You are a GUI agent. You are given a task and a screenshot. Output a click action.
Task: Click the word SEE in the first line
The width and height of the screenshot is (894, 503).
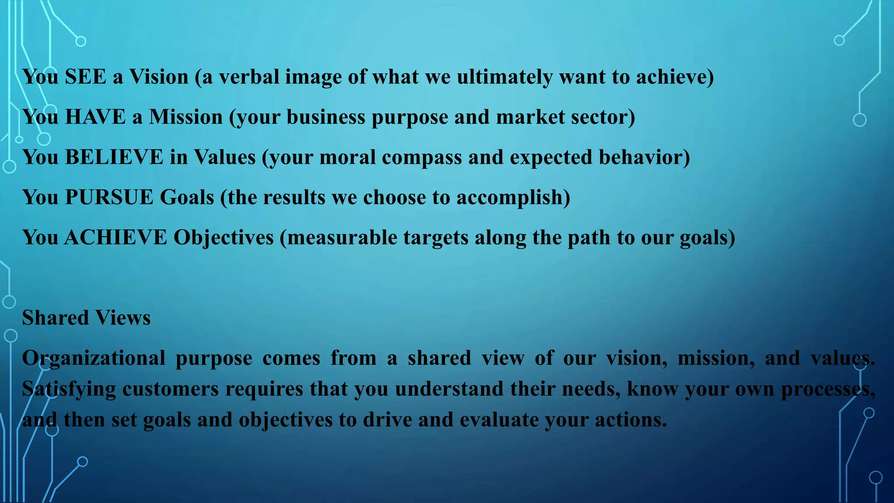[x=86, y=77]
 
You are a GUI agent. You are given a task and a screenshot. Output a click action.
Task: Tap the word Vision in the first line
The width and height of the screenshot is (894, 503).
[x=159, y=77]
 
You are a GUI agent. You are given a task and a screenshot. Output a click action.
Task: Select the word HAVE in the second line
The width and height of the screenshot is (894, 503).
[x=95, y=117]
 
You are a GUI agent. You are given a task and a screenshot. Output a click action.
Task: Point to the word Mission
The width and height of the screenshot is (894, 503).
[x=186, y=117]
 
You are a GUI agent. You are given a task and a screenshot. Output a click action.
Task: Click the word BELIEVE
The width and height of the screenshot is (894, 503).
[x=114, y=157]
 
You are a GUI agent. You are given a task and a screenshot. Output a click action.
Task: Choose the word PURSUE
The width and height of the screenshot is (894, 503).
[x=109, y=197]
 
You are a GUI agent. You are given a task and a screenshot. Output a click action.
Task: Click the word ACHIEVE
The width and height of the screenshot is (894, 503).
[x=116, y=238]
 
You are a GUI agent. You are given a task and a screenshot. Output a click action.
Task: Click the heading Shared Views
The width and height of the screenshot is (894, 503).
[x=86, y=318]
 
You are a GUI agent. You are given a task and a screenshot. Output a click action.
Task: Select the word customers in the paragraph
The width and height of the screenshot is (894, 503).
[x=170, y=389]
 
